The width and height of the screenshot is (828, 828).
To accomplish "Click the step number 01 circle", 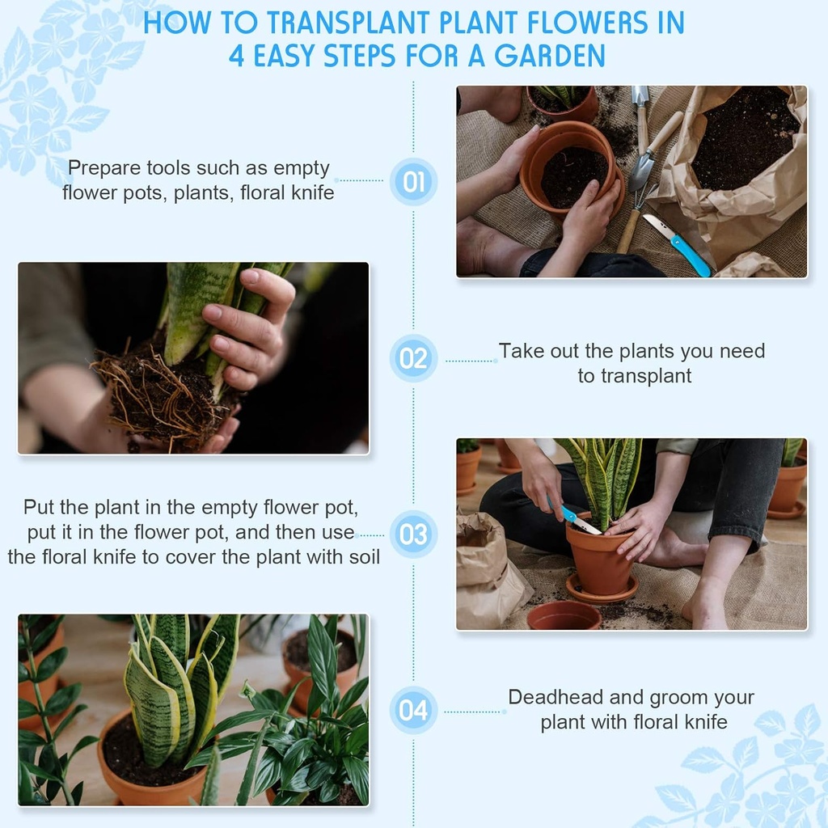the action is [x=413, y=182].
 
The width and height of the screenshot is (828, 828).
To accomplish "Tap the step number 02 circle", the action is [x=413, y=358].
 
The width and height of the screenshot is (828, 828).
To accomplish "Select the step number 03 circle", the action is [x=413, y=534].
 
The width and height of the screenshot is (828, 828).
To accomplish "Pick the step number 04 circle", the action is [x=413, y=710].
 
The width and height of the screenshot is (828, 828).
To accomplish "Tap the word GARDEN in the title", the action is [x=549, y=56].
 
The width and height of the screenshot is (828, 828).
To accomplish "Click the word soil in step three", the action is [x=364, y=556].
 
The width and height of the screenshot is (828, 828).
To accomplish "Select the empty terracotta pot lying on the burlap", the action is [x=564, y=615].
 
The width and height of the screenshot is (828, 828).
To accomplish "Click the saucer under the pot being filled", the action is [x=601, y=590].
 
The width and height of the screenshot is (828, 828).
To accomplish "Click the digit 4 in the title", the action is [x=236, y=57].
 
